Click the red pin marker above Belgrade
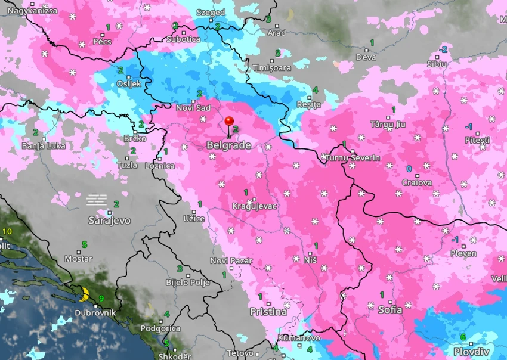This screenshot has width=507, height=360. tap(228, 122)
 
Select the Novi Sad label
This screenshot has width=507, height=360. tap(193, 108)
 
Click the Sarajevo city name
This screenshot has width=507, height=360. tap(109, 220)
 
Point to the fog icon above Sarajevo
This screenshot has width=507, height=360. tap(97, 199)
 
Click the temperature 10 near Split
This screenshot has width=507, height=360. tap(7, 231)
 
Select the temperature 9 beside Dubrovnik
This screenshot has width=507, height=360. tap(101, 299)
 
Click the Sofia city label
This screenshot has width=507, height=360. tap(390, 310)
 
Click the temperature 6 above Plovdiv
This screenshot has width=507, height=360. tap(463, 337)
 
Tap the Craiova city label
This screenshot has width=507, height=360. tap(417, 182)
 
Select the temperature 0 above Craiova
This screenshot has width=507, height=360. tap(409, 169)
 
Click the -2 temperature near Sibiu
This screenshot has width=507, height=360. tap(443, 49)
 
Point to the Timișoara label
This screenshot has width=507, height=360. tap(272, 68)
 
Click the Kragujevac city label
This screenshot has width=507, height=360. tap(255, 206)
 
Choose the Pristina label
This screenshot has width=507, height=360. tap(268, 312)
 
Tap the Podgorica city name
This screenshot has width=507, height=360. tap(160, 328)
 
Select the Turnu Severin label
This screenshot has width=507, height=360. tap(358, 157)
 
